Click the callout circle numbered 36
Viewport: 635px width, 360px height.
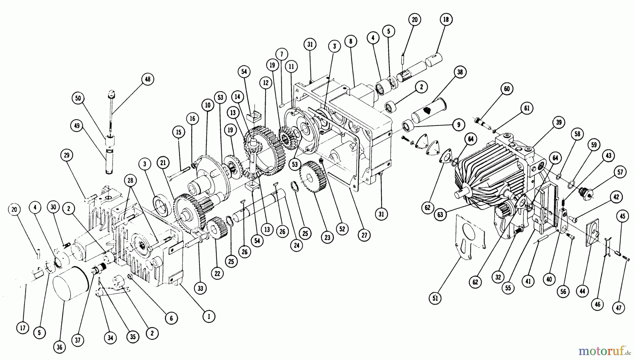[x=59, y=347]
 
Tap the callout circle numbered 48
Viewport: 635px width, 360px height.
[x=147, y=79]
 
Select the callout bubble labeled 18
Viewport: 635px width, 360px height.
[x=446, y=20]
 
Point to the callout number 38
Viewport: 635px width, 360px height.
[x=460, y=72]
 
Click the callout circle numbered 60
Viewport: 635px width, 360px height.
[x=507, y=89]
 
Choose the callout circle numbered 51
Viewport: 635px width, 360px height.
[x=435, y=298]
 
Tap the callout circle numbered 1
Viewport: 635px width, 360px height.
[x=209, y=317]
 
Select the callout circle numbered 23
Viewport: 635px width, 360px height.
[x=327, y=238]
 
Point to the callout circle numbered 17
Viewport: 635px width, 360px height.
[x=23, y=328]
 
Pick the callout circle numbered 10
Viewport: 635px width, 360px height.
[x=207, y=105]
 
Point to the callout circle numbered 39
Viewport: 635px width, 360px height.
[x=559, y=122]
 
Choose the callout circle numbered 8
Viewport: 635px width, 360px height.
[x=350, y=41]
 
